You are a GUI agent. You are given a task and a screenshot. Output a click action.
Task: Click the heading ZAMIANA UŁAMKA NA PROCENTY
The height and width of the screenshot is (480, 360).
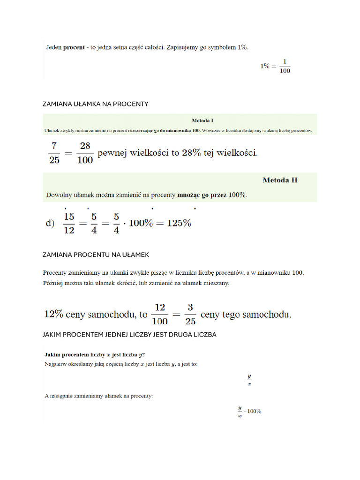[x=95, y=104]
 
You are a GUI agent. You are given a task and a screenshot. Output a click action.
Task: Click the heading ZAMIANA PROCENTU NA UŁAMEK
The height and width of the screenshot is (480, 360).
[x=96, y=255]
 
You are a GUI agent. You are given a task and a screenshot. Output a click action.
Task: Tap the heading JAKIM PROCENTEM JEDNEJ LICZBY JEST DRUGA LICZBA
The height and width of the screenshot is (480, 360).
[x=129, y=335]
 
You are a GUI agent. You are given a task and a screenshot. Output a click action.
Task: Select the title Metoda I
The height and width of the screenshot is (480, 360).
[x=202, y=120]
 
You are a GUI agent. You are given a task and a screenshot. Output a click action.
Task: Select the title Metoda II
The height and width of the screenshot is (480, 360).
[x=280, y=180]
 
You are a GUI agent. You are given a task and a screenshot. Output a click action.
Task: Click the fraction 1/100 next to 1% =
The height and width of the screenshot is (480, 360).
[x=285, y=66]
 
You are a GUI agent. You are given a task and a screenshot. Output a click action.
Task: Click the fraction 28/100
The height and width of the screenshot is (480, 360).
[x=84, y=153]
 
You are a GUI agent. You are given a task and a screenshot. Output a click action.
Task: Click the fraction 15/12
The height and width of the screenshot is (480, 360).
[x=69, y=223]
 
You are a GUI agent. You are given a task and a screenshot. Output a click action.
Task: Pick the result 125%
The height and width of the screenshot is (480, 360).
[x=179, y=224]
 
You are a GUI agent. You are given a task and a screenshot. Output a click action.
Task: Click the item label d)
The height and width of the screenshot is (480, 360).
[x=50, y=224]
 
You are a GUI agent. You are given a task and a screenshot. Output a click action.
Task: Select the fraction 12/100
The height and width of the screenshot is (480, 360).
[x=160, y=315]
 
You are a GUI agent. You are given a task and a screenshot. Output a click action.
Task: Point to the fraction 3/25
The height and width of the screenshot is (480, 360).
[x=190, y=315]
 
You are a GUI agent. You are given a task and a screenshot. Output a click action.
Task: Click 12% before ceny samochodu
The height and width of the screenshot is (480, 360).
[x=53, y=315]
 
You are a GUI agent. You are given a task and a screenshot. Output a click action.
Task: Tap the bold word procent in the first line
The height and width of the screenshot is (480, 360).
[x=74, y=47]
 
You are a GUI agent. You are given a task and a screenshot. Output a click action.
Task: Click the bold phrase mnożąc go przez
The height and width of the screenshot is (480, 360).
[x=202, y=195]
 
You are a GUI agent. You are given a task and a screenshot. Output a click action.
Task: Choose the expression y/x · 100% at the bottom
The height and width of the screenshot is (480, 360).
[x=249, y=412]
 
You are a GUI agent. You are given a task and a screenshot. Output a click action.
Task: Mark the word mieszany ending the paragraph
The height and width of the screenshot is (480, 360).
[x=215, y=283]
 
